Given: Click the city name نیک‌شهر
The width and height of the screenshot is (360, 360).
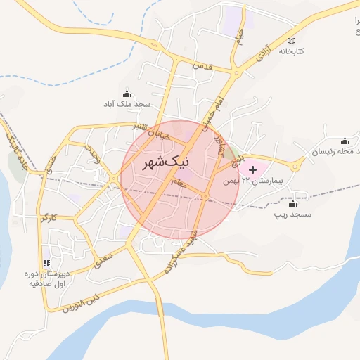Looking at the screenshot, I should pyautogui.click(x=156, y=163).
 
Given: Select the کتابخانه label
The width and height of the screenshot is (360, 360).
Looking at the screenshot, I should pyautogui.click(x=293, y=51).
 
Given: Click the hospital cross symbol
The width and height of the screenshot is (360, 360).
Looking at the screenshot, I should pyautogui.click(x=252, y=169).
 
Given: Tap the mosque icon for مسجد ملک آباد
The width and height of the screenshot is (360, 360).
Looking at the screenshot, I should pyautogui.click(x=127, y=94).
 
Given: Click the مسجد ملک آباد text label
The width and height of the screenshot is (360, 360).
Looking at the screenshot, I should pyautogui.click(x=127, y=105).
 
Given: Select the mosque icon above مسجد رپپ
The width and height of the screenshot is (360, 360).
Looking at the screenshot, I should pyautogui.click(x=292, y=203).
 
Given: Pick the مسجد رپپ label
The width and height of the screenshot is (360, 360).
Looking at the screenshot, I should pyautogui.click(x=292, y=214).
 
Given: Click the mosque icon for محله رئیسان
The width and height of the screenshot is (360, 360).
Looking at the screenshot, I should pyautogui.click(x=344, y=140).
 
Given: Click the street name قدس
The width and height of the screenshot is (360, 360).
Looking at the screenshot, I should pyautogui.click(x=202, y=66).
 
